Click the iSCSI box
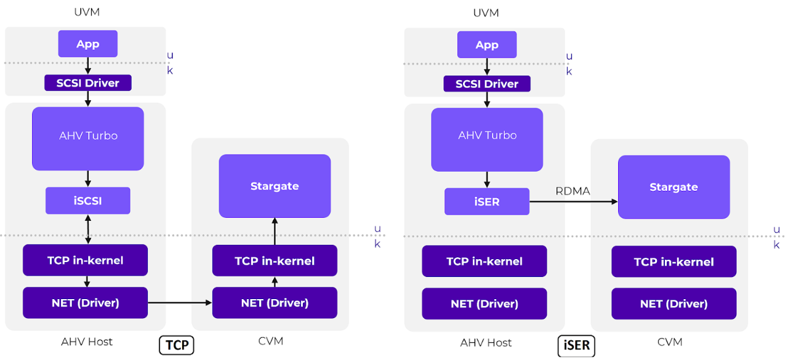[x=88, y=201]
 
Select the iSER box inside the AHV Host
[x=487, y=201]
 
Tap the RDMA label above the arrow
[x=573, y=191]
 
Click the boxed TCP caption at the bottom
[x=177, y=345]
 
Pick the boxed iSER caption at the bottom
[x=577, y=345]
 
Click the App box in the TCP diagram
[x=88, y=44]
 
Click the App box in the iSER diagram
[x=487, y=45]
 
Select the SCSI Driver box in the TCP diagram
[x=88, y=83]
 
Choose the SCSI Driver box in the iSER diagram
[x=487, y=84]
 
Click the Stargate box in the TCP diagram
[x=275, y=186]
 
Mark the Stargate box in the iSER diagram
[x=673, y=187]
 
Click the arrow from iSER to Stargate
[x=573, y=201]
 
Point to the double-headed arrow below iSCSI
[x=88, y=229]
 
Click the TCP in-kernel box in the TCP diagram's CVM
[x=275, y=261]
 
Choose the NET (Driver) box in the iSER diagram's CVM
[x=673, y=304]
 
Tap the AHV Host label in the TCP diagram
[x=87, y=342]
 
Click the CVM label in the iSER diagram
[x=670, y=342]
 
